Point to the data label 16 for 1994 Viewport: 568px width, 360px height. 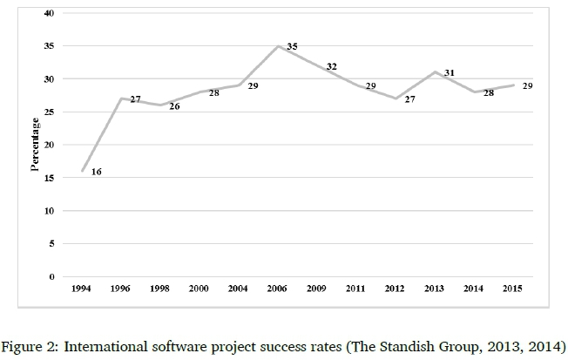[x=96, y=172]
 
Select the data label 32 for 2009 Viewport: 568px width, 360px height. [x=331, y=66]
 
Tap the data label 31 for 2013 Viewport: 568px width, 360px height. [x=450, y=72]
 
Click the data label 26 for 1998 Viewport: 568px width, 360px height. [x=174, y=106]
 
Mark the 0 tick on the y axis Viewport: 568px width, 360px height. [x=51, y=277]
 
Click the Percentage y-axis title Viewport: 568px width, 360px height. [x=36, y=145]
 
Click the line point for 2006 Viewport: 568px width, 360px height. [x=277, y=46]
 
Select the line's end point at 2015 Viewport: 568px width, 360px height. [x=512, y=85]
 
